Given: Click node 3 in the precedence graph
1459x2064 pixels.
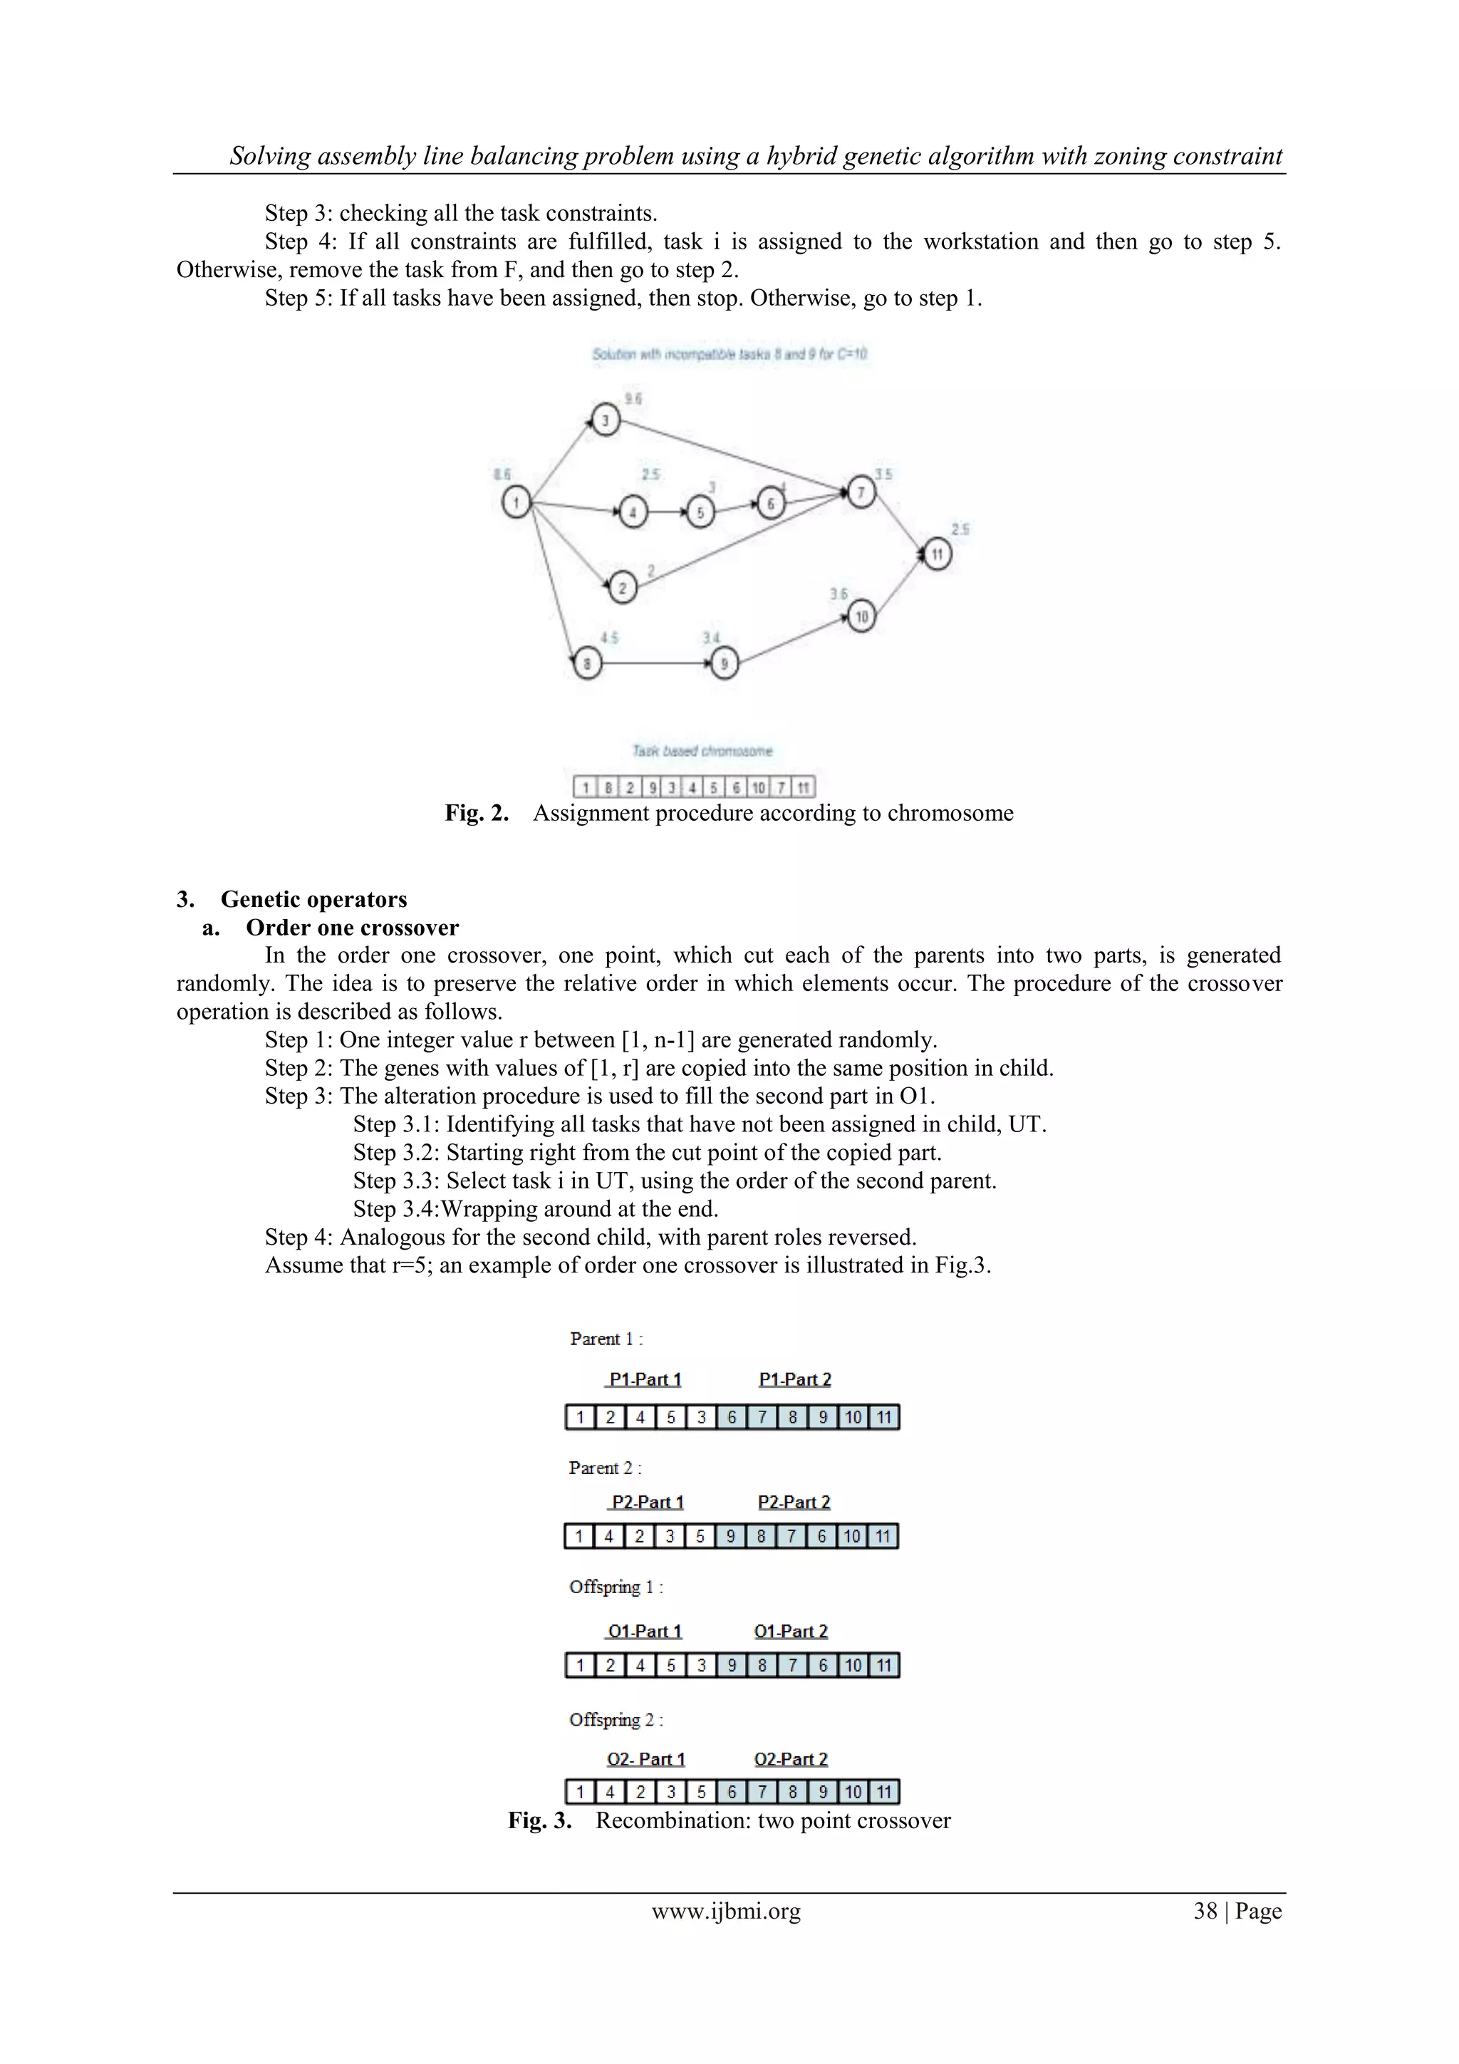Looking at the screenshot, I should click(605, 420).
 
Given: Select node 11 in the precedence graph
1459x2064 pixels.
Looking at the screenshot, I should click(937, 554).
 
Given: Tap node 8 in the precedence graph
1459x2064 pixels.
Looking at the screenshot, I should click(587, 663).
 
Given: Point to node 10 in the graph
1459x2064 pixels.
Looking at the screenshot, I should click(861, 616).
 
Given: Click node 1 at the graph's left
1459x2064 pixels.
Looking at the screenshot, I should click(516, 502).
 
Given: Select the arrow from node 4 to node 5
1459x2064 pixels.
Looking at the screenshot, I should click(666, 512).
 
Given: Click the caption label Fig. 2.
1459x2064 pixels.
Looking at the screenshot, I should click(477, 813).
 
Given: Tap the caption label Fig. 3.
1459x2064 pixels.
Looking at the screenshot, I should click(539, 1820).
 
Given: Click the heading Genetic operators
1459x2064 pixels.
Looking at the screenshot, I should click(313, 899).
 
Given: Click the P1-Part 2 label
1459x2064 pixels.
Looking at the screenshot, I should click(794, 1379).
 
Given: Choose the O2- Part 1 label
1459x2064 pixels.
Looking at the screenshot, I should click(645, 1759).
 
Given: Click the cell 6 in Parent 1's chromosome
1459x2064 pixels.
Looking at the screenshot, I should click(732, 1418).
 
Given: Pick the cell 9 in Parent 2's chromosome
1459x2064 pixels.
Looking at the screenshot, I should click(730, 1536).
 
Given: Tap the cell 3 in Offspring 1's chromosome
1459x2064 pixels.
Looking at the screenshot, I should click(701, 1666).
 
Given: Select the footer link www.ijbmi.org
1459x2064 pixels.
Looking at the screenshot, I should click(725, 1910).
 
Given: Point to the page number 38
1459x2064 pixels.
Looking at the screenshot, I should click(1205, 1910).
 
